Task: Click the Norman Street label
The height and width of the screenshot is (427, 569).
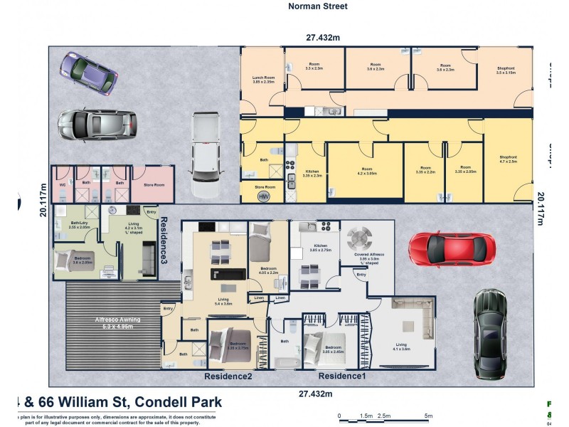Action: (318, 6)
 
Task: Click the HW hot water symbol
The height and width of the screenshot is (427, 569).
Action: (263, 196)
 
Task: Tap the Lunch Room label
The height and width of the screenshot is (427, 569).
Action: (263, 80)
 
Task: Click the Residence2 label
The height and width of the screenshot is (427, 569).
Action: (228, 376)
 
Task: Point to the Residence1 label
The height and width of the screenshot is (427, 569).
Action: (342, 376)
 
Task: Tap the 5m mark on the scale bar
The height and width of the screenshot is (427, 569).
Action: (428, 416)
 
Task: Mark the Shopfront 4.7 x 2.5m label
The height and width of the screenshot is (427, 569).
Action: (508, 159)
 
